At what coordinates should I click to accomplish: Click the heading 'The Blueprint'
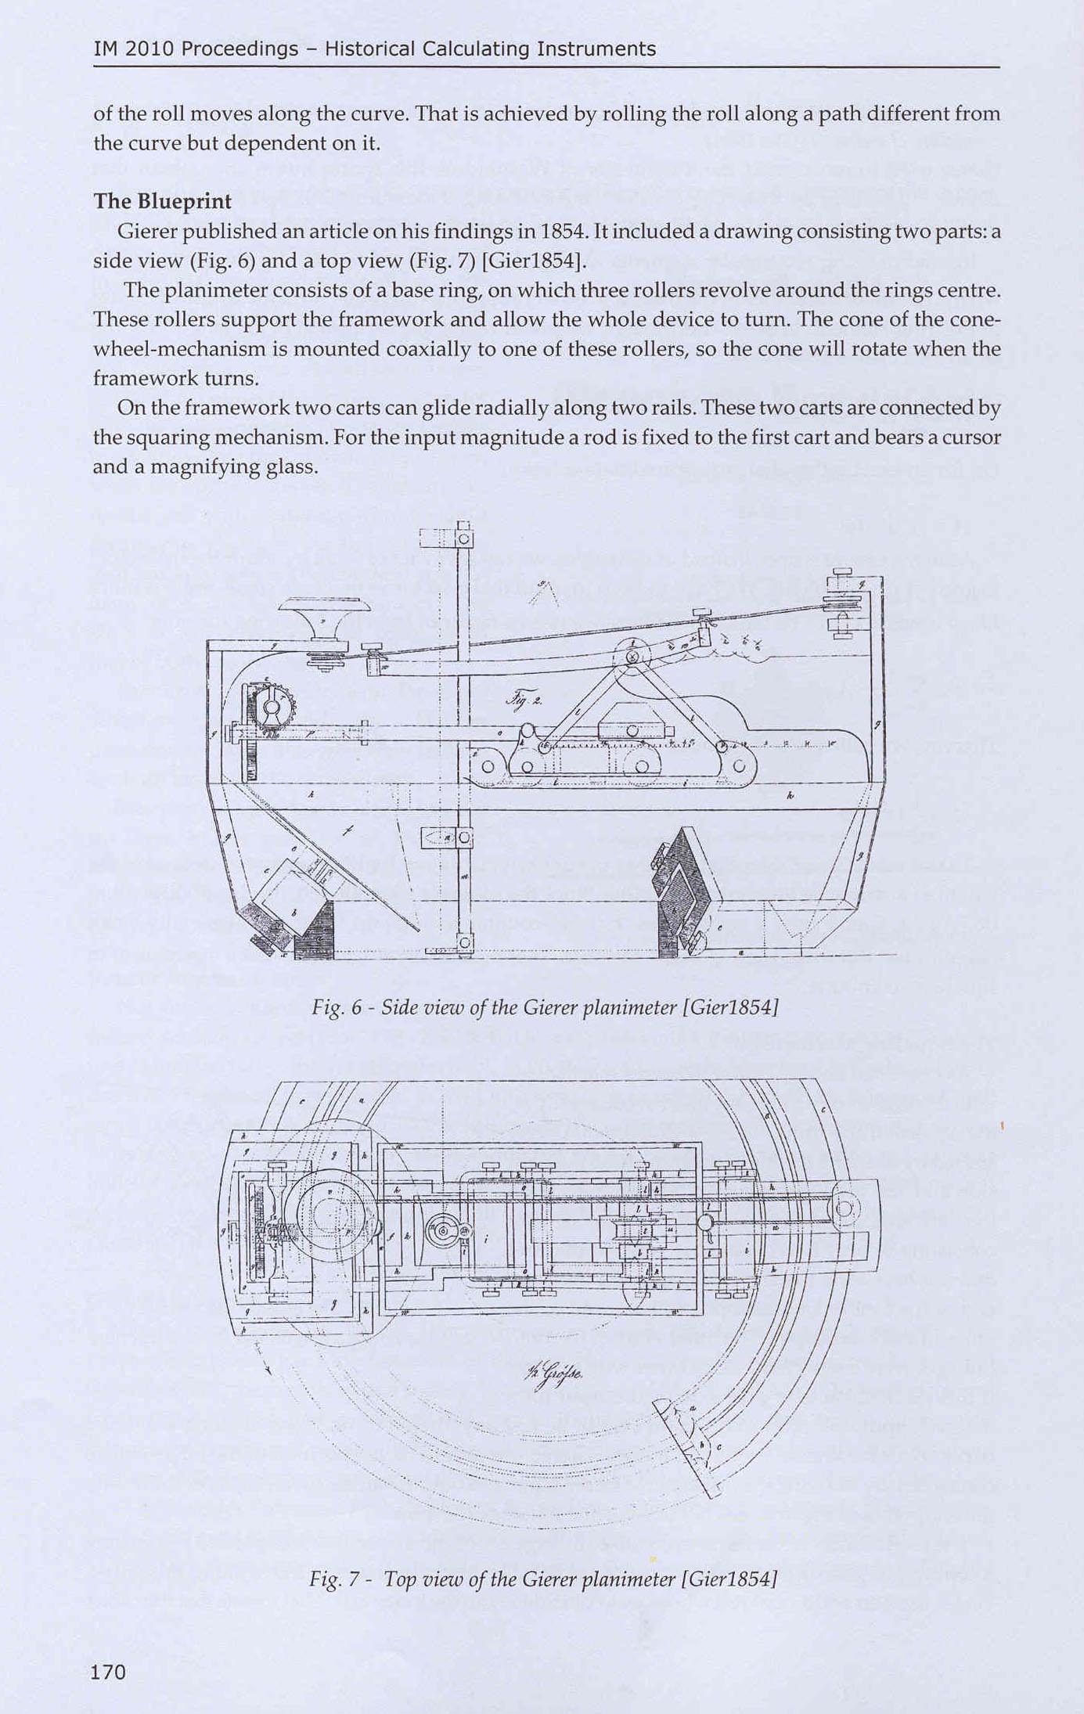[x=162, y=201]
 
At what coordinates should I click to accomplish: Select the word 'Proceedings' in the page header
[x=240, y=49]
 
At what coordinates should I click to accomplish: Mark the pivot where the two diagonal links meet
[x=632, y=656]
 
